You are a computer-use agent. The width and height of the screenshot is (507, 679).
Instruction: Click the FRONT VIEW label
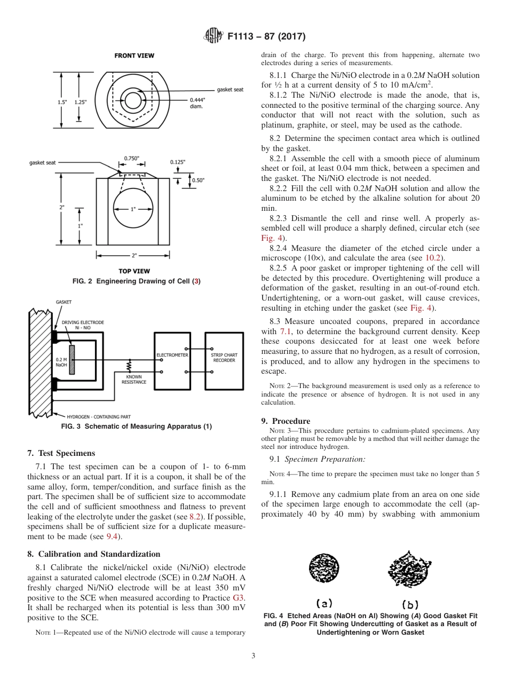point(134,56)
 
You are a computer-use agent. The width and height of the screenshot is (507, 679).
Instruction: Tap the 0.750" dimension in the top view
point(131,159)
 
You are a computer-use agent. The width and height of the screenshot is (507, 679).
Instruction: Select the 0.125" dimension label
point(178,162)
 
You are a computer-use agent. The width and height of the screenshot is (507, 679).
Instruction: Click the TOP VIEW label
point(134,271)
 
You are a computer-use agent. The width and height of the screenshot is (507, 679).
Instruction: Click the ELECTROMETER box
point(172,360)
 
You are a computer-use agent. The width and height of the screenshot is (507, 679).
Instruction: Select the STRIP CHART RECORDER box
point(224,360)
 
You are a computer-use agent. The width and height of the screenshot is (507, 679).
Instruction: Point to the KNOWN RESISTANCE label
point(134,380)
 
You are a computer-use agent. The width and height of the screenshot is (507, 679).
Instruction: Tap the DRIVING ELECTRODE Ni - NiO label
point(83,325)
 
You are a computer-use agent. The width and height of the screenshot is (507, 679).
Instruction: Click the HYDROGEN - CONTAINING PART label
point(99,416)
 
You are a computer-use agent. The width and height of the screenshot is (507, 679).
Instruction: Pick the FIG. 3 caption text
point(137,426)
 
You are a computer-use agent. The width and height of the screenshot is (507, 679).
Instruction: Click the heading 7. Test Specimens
point(61,453)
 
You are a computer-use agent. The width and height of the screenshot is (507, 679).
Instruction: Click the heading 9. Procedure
point(286,421)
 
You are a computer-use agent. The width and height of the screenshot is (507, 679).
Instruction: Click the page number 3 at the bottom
point(253,656)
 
